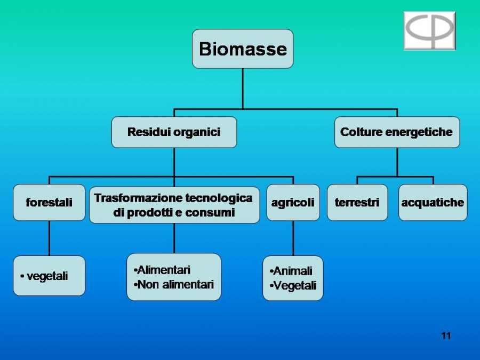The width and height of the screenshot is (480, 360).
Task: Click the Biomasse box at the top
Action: pyautogui.click(x=243, y=49)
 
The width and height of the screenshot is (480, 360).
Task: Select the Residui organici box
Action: pyautogui.click(x=174, y=132)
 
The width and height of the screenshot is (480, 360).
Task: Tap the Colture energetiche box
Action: pyautogui.click(x=397, y=132)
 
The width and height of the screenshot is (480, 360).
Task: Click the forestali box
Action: pyautogui.click(x=49, y=202)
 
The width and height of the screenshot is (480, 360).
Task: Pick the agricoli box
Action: pyautogui.click(x=293, y=202)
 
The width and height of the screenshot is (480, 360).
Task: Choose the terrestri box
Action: pyautogui.click(x=357, y=202)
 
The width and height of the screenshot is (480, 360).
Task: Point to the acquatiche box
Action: pyautogui.click(x=433, y=202)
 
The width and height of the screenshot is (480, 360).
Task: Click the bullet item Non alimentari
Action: pyautogui.click(x=173, y=285)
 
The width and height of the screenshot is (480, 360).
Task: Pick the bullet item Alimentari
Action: pyautogui.click(x=162, y=270)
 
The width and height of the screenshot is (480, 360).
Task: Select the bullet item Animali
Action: pyautogui.click(x=291, y=271)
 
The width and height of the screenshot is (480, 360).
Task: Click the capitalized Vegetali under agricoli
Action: pyautogui.click(x=293, y=286)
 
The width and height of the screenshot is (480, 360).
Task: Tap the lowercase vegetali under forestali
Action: pyautogui.click(x=44, y=276)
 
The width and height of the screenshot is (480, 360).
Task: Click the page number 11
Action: pyautogui.click(x=446, y=336)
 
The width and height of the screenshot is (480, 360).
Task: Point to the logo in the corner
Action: pyautogui.click(x=430, y=30)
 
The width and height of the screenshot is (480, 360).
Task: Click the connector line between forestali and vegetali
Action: pyautogui.click(x=49, y=238)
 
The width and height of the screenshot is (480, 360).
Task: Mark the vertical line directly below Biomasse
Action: pyautogui.click(x=243, y=89)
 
